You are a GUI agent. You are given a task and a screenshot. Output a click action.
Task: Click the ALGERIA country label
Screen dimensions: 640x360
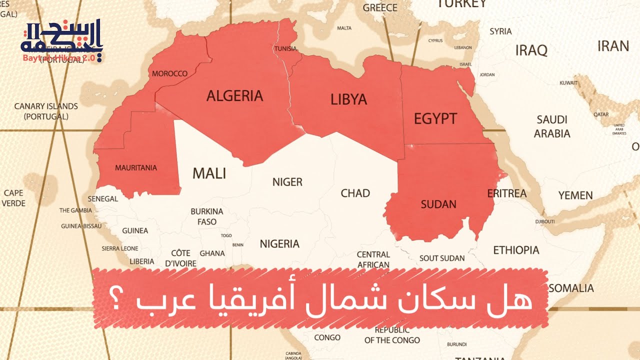pyautogui.click(x=234, y=95)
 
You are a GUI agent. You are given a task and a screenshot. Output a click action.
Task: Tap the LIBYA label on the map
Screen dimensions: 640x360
pyautogui.click(x=348, y=99)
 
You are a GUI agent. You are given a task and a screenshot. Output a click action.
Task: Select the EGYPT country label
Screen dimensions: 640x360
pyautogui.click(x=435, y=118)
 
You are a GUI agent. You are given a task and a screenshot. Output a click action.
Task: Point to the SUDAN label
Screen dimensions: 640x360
pyautogui.click(x=438, y=204)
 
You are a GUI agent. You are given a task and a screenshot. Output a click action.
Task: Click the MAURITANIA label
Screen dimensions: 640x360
pyautogui.click(x=136, y=168)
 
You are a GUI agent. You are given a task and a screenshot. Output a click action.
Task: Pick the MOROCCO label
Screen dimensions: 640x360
pyautogui.click(x=169, y=73)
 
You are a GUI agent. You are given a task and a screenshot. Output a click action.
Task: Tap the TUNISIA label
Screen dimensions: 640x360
pyautogui.click(x=285, y=49)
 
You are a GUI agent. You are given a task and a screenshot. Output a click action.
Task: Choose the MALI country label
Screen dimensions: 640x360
pyautogui.click(x=209, y=173)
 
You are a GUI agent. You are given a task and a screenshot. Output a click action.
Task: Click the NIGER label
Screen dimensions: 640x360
pyautogui.click(x=287, y=182)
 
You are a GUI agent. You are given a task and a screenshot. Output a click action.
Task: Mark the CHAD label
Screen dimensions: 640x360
pyautogui.click(x=355, y=193)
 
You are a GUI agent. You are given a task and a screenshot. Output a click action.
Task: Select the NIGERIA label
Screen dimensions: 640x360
pyautogui.click(x=279, y=244)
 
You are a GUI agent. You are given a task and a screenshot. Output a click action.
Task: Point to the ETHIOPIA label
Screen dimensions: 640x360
pyautogui.click(x=516, y=250)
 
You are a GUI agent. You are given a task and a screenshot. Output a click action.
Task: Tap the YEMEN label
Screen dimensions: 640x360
pyautogui.click(x=575, y=195)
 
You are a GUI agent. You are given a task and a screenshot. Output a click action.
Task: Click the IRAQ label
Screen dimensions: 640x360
pyautogui.click(x=531, y=50)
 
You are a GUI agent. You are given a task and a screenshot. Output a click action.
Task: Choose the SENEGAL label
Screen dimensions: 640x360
pyautogui.click(x=102, y=198)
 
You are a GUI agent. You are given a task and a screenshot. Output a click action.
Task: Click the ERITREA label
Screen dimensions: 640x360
pyautogui.click(x=506, y=193)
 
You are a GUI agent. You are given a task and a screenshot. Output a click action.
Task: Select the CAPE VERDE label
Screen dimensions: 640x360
pyautogui.click(x=13, y=198)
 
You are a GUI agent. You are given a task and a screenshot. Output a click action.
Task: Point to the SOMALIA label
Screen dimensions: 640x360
pyautogui.click(x=571, y=288)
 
